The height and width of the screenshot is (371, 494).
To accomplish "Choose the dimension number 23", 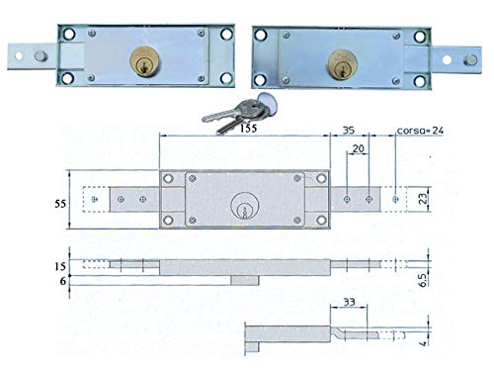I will click(x=424, y=199).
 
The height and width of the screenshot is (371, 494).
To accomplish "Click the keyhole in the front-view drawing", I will click(x=242, y=209).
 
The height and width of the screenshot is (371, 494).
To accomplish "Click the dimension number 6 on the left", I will click(x=63, y=283).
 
